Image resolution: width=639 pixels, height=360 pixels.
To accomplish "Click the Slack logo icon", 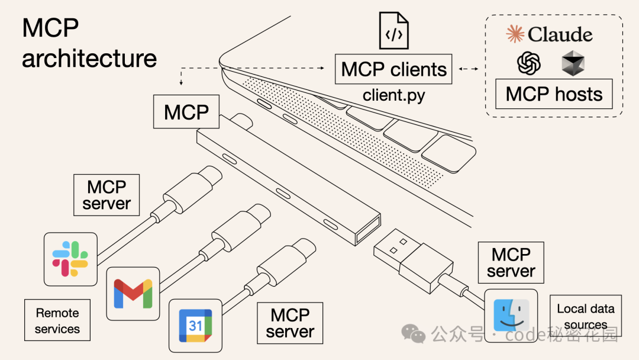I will click(70, 259).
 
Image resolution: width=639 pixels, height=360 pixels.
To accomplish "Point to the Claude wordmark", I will click(550, 34).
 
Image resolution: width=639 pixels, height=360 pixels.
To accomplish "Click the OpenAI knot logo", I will click(529, 63).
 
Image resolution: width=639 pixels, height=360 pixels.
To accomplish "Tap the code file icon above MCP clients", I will click(394, 31).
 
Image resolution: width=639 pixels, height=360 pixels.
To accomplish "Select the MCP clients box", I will click(393, 69).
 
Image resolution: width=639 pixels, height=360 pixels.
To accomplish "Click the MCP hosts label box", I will click(553, 94).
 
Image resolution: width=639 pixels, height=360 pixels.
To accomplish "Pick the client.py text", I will click(393, 95).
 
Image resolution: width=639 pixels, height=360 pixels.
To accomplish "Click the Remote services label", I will click(57, 320).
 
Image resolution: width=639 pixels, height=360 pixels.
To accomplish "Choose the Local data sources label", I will click(585, 317).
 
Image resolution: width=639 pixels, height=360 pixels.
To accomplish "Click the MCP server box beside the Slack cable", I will click(106, 195).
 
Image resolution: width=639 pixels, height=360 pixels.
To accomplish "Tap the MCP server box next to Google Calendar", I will click(289, 323).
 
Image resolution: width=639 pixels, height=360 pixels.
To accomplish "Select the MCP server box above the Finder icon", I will click(511, 262).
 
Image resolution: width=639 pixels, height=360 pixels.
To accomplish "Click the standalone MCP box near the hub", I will click(186, 112).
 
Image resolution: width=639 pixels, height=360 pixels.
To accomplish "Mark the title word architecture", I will click(89, 58).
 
